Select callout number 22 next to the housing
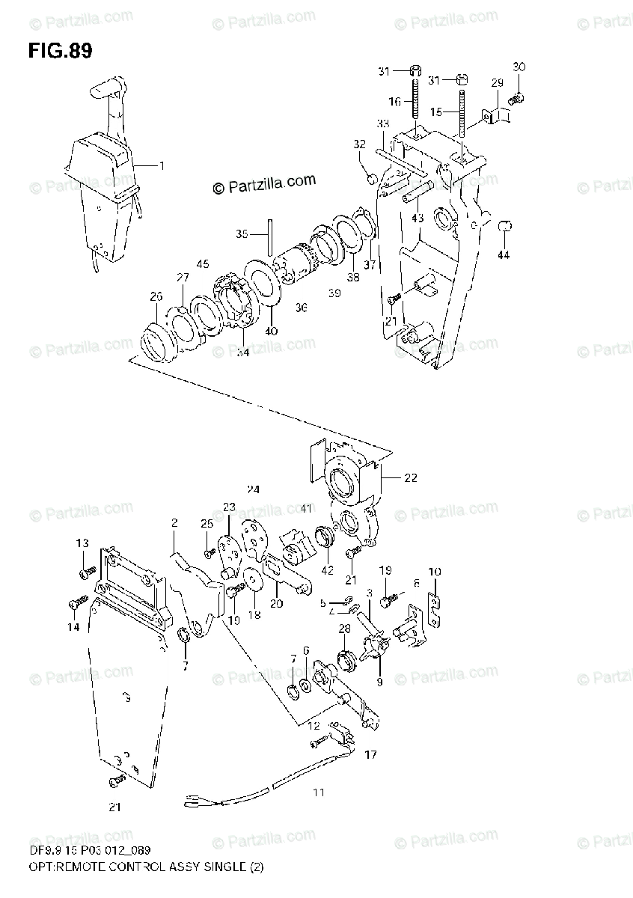click(411, 477)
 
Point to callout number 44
click(504, 255)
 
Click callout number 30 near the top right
click(519, 67)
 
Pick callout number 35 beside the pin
click(242, 234)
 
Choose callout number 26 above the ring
click(155, 297)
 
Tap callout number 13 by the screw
click(82, 543)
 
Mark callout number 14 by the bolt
click(73, 627)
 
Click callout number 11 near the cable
click(319, 792)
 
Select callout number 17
click(370, 756)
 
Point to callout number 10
click(434, 572)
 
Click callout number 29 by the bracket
click(498, 82)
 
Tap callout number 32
click(360, 144)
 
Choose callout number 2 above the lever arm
click(174, 523)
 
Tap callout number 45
click(203, 263)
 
